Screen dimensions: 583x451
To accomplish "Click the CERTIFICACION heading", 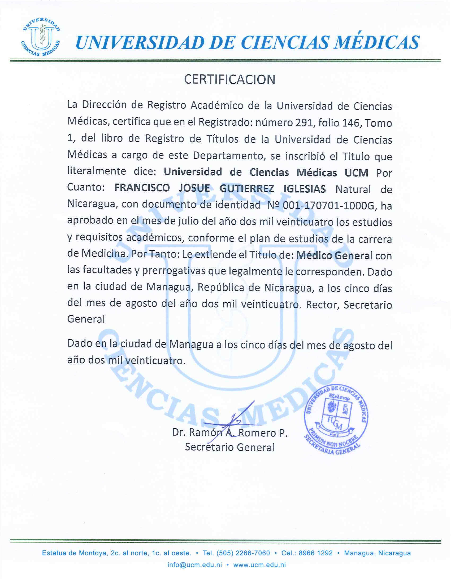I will coord(229,79).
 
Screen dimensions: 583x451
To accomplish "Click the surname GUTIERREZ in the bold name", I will coord(247,189).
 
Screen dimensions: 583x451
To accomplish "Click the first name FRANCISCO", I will coord(142,188).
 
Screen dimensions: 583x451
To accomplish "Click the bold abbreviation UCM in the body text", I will coord(356,173).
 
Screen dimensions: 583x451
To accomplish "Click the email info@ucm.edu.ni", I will coord(194,565).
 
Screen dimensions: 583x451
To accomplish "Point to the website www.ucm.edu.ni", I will coord(259,565).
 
